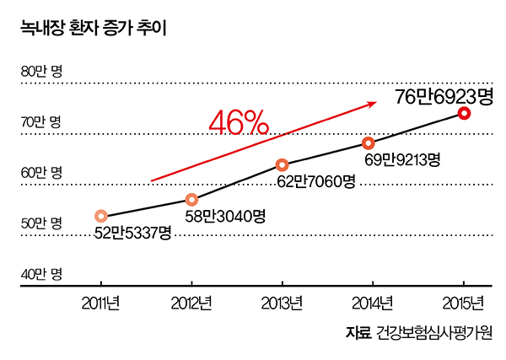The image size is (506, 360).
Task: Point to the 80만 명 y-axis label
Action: (41, 72)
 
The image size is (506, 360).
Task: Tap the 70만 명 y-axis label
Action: (41, 122)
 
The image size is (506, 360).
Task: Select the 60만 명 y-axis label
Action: (41, 173)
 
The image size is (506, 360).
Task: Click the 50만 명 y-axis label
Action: (41, 223)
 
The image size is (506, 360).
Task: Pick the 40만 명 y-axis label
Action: (41, 274)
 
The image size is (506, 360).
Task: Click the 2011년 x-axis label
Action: (101, 304)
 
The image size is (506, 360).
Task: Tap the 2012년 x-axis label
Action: (191, 304)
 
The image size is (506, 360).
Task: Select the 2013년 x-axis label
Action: (282, 304)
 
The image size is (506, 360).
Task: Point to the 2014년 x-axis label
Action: (372, 304)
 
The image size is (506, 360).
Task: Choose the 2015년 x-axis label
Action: (462, 304)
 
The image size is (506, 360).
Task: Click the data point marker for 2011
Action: (101, 217)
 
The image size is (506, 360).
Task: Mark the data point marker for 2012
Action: (191, 200)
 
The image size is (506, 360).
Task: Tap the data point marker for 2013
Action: (282, 164)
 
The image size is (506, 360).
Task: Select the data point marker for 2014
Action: (369, 142)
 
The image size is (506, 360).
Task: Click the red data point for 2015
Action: (463, 113)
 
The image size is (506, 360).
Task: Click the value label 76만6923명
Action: (444, 97)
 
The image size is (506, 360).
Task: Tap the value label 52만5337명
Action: (133, 232)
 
